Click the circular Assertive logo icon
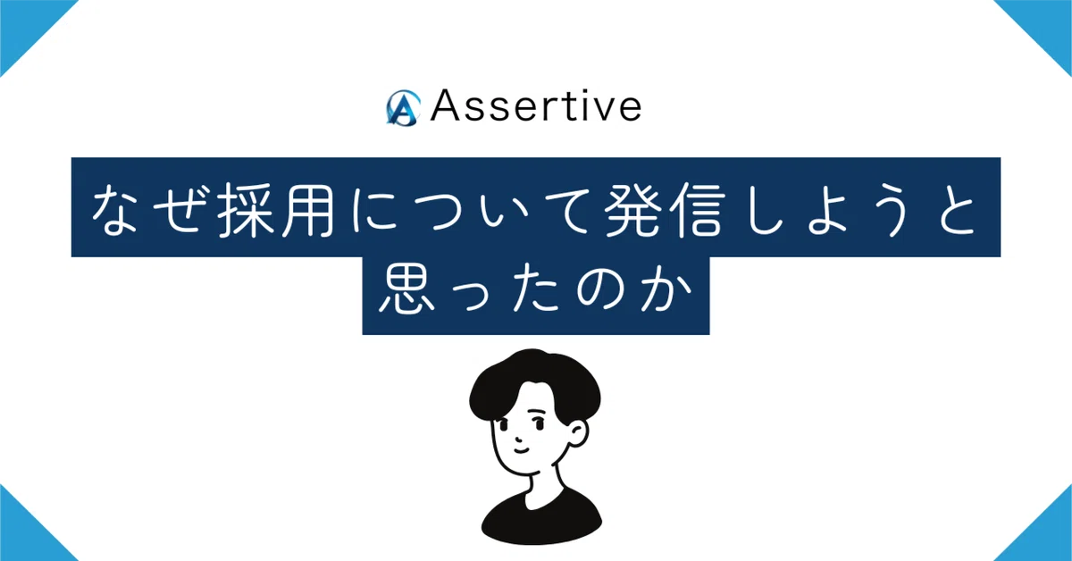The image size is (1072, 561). (404, 108)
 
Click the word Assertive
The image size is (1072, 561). (536, 105)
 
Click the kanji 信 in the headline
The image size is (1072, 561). (696, 210)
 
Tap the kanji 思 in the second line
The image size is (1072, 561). (406, 289)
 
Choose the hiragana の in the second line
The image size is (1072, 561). (601, 289)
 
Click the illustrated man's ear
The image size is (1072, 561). (579, 433)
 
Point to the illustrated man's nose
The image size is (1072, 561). (518, 437)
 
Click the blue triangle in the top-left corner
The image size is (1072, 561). (24, 24)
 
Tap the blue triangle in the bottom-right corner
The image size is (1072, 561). (1048, 536)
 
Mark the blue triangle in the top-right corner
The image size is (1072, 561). (1048, 24)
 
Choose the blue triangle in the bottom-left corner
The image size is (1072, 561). (24, 536)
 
